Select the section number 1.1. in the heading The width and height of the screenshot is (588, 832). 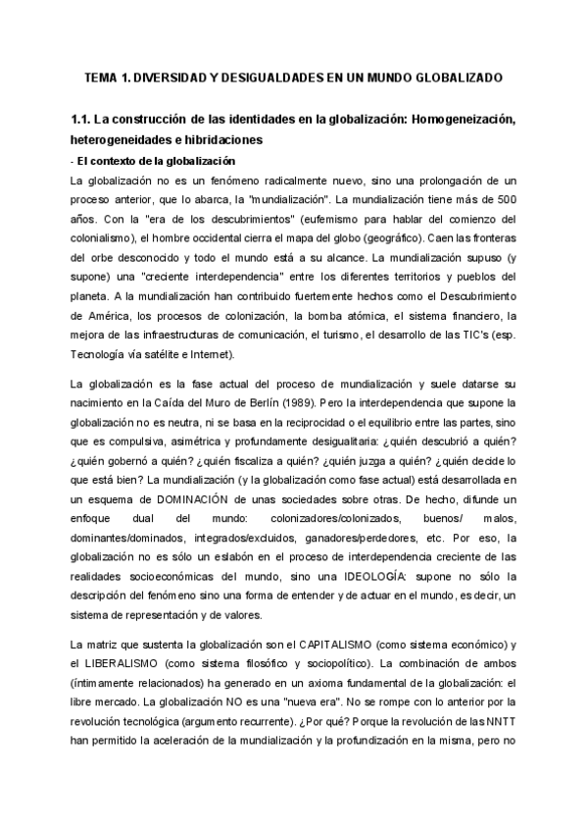point(87,121)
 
